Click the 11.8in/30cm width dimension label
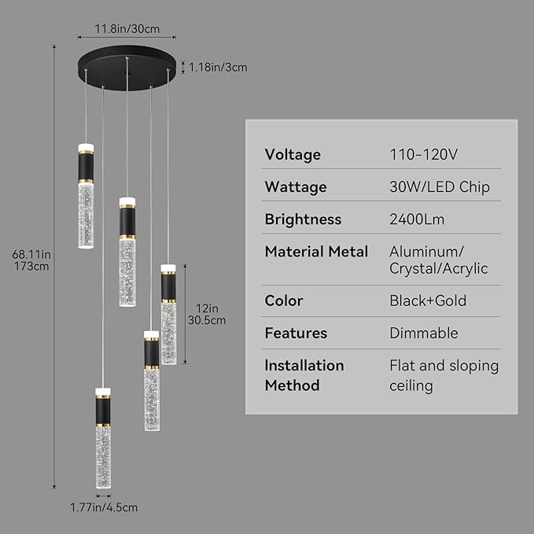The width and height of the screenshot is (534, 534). (127, 29)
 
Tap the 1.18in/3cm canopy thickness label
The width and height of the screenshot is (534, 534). (218, 68)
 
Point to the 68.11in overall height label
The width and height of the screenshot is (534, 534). (31, 260)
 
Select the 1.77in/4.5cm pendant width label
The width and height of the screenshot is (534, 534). (104, 507)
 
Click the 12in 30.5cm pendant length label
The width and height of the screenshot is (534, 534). (207, 315)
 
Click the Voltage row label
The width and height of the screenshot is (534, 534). (293, 155)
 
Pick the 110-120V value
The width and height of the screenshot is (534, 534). (423, 155)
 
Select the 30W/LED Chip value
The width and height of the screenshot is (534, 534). (440, 187)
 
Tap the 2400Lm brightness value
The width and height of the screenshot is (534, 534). (417, 219)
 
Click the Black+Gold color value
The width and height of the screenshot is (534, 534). (428, 300)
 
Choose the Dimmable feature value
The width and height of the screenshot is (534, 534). (424, 333)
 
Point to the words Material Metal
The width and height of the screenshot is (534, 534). (316, 252)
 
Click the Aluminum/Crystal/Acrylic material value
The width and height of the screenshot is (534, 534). (439, 260)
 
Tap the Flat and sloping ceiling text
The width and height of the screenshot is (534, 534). (444, 376)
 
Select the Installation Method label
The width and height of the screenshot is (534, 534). (304, 375)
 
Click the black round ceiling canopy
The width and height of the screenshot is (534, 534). (127, 68)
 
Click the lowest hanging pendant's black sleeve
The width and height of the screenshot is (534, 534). (103, 411)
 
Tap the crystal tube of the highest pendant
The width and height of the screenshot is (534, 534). (86, 215)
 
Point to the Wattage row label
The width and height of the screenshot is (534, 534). (296, 187)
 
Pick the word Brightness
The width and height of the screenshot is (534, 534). (303, 219)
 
